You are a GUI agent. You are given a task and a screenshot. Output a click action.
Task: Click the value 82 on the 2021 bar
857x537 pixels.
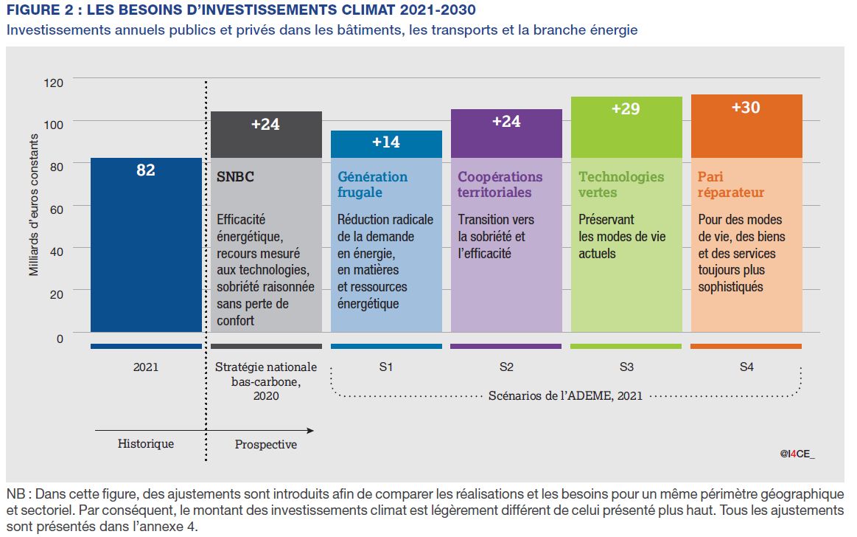(146, 170)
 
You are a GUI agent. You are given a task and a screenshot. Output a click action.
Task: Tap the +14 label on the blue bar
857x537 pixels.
(386, 142)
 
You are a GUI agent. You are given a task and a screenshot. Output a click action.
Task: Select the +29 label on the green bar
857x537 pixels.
(626, 109)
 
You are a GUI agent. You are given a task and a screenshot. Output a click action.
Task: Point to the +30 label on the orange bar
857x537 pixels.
(746, 108)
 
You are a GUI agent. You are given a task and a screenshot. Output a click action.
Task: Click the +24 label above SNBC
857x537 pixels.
(265, 125)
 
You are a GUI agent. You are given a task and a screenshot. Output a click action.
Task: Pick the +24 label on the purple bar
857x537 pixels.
(506, 122)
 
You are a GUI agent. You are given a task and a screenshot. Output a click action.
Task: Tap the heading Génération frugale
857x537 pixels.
(372, 184)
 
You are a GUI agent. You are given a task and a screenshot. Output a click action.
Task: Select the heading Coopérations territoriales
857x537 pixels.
(500, 184)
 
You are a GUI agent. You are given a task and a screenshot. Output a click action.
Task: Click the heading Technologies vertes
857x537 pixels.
(621, 184)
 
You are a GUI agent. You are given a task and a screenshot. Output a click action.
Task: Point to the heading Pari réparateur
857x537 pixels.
(731, 184)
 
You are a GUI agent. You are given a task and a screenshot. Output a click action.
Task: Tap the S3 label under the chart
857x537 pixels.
(626, 367)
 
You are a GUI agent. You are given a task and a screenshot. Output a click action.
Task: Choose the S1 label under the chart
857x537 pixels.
(386, 367)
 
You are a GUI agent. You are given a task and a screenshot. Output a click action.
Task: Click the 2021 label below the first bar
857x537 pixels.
(146, 367)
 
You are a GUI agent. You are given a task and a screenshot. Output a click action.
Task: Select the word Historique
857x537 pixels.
(146, 443)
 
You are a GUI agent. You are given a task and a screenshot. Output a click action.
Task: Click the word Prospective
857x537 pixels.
(266, 444)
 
